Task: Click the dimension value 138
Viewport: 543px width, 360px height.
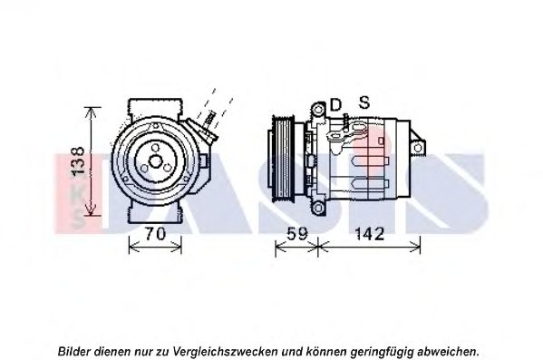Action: (x=79, y=161)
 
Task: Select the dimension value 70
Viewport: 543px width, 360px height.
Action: (x=155, y=234)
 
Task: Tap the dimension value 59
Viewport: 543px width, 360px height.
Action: (x=296, y=234)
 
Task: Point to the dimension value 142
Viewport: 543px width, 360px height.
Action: (x=370, y=234)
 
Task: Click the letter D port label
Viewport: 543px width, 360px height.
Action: (x=335, y=104)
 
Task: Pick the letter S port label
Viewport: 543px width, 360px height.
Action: (x=364, y=102)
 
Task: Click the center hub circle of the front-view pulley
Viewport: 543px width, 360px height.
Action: (x=155, y=161)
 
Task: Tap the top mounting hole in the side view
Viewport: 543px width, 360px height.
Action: (x=318, y=111)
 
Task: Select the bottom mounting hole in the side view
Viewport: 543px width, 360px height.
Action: (x=318, y=208)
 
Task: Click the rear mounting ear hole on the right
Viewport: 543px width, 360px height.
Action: (x=418, y=148)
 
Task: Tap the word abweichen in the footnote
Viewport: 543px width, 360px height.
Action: (x=448, y=352)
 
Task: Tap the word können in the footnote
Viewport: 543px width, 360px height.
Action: (x=327, y=352)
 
